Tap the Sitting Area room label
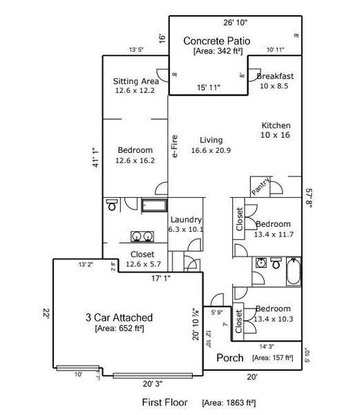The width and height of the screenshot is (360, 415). [135, 81]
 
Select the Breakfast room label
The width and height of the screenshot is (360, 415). [275, 75]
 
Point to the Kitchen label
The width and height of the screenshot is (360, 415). [276, 125]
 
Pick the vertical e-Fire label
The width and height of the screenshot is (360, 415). [175, 146]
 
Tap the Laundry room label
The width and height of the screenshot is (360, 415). [185, 219]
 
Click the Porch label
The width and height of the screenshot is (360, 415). [230, 358]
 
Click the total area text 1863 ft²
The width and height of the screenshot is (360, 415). [231, 402]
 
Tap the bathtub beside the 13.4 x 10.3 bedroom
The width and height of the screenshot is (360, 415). [294, 272]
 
